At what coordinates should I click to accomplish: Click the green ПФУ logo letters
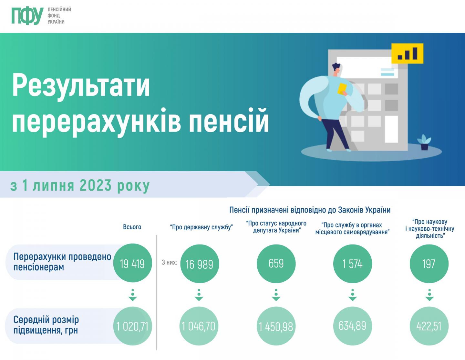click(x=27, y=15)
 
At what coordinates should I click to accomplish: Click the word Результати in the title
click(x=81, y=85)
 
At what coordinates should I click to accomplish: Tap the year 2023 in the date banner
click(x=96, y=185)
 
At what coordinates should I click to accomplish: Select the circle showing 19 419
click(x=132, y=264)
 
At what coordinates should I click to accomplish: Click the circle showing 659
click(x=276, y=264)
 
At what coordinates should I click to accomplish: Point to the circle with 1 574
click(x=353, y=264)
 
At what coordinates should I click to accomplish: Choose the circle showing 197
click(x=429, y=264)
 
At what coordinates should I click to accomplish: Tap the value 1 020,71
click(x=132, y=326)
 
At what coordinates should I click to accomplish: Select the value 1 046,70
click(x=199, y=326)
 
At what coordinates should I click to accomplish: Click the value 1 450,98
click(x=276, y=326)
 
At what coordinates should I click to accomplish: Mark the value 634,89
click(x=352, y=326)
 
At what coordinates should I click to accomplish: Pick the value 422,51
click(x=429, y=326)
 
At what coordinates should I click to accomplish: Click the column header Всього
click(x=132, y=227)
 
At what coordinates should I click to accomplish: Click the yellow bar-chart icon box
click(x=407, y=53)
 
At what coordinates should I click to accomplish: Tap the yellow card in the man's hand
click(x=342, y=88)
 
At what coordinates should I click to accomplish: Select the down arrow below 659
click(x=276, y=295)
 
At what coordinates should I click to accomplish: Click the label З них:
click(x=169, y=262)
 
